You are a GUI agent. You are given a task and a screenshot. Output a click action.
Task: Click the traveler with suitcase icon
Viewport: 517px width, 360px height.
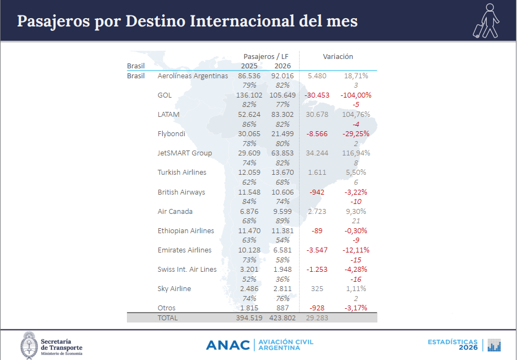point(486,21)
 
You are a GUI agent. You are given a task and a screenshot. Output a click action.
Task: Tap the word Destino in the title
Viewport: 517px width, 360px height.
point(155,21)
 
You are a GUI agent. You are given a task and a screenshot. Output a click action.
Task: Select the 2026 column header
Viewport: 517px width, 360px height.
point(283,66)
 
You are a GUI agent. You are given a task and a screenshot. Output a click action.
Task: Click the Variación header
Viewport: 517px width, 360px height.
point(338,56)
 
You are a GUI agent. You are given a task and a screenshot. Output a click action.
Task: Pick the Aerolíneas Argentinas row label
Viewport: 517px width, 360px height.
point(193,76)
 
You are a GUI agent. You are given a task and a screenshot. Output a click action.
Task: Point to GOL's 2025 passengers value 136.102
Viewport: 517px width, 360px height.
point(249,95)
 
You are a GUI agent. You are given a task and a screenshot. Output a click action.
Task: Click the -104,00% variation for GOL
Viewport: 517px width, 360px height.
point(356,95)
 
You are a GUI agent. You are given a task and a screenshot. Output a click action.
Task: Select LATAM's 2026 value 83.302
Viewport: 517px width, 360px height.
point(283,114)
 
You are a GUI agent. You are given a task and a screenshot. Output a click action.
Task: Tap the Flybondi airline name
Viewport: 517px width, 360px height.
point(172,134)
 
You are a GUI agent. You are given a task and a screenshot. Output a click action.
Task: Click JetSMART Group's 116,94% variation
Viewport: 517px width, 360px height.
point(356,153)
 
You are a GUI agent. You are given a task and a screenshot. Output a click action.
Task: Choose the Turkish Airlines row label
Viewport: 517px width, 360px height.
point(182,172)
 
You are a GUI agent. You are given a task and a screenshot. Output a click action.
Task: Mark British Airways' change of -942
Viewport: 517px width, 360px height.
point(317,192)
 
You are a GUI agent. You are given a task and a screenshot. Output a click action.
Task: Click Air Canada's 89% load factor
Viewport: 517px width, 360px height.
point(283,221)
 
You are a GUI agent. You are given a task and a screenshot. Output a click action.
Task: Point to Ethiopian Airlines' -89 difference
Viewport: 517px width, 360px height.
point(317,230)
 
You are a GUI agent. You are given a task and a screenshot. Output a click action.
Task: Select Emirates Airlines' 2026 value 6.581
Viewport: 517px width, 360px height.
point(283,250)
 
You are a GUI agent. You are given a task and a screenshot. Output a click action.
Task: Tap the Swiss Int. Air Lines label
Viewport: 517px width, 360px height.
point(187,270)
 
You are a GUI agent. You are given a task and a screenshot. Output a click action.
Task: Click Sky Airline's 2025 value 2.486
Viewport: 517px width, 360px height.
point(249,288)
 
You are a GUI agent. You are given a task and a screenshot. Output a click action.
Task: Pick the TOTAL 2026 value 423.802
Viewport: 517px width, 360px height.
point(283,318)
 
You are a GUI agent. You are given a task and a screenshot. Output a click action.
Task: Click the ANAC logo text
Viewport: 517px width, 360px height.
point(228,345)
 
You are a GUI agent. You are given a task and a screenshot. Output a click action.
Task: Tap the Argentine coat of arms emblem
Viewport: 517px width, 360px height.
point(29,345)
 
